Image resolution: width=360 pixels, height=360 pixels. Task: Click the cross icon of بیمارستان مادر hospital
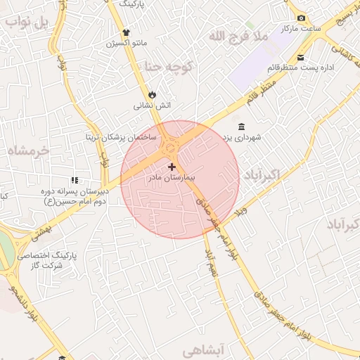tap(172, 167)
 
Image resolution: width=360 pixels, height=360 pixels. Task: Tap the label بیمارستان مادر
tap(172, 179)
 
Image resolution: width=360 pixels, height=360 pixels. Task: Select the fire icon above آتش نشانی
tap(153, 94)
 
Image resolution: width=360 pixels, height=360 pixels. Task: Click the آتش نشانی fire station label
tap(153, 105)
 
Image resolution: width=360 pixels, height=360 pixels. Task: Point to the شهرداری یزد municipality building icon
tap(242, 127)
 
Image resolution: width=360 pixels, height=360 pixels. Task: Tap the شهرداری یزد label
tap(242, 138)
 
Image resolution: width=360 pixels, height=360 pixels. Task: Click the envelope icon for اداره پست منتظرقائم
tap(301, 57)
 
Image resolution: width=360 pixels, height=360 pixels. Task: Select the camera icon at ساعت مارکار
tap(301, 18)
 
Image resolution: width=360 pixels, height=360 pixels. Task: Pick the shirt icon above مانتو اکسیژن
tap(127, 32)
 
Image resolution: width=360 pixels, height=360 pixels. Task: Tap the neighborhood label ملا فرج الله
tap(240, 35)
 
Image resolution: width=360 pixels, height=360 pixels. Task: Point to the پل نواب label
tap(28, 21)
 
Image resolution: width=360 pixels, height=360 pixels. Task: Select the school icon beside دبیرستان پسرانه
tap(75, 181)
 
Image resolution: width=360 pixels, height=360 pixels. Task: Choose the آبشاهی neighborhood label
tap(207, 349)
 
